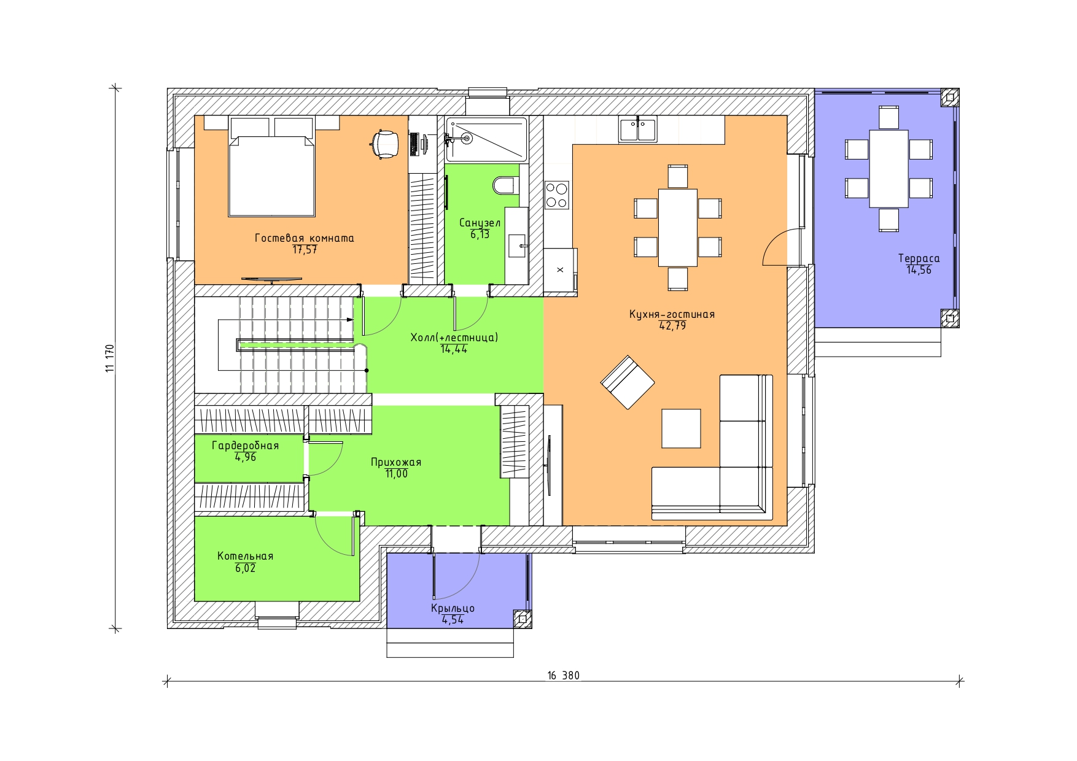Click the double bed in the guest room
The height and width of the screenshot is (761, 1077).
coord(272,167)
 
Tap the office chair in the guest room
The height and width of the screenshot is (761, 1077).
coord(385,144)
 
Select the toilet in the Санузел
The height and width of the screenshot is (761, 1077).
coord(506,185)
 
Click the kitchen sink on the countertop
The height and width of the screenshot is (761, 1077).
coord(637,129)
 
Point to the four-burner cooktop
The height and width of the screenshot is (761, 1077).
coord(556,195)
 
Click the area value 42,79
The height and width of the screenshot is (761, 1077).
coord(672,326)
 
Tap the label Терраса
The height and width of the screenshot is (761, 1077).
coord(919,258)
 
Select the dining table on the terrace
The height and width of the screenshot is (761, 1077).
coord(888,169)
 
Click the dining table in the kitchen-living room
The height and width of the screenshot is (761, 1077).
coord(677,228)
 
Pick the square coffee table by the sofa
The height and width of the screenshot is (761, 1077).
coord(681,428)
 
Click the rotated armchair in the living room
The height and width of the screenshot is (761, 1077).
coord(628,382)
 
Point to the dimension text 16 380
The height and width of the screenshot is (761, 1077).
coord(563,676)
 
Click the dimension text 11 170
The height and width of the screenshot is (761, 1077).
coord(110,358)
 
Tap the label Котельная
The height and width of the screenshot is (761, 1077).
coord(245,556)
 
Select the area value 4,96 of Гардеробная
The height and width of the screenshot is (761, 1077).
coord(246,457)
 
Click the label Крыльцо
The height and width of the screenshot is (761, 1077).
coord(453,608)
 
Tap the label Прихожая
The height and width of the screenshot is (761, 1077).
coord(396,462)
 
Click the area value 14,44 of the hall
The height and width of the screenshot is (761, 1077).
coord(454,349)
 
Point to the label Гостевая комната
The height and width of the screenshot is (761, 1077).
coord(305,238)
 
